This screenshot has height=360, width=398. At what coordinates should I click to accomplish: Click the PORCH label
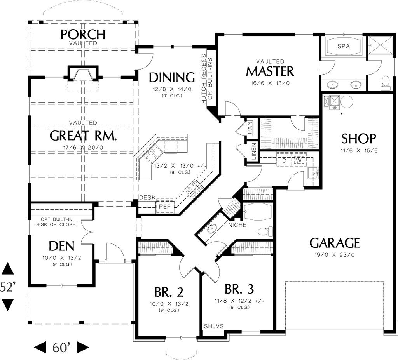click(83, 34)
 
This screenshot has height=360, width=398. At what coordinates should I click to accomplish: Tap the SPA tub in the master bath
click(344, 46)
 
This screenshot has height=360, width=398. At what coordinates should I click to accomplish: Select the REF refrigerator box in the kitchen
click(164, 207)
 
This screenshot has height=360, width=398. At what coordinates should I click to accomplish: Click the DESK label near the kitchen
click(147, 197)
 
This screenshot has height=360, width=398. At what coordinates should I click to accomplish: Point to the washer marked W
click(299, 161)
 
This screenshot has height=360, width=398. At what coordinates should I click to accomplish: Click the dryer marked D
click(284, 161)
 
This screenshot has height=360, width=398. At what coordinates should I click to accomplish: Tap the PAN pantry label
click(250, 128)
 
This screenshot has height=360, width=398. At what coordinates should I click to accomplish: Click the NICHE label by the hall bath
click(237, 225)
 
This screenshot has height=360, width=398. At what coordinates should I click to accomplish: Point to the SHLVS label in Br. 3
click(214, 326)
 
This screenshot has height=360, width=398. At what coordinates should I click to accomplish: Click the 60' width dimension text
click(61, 347)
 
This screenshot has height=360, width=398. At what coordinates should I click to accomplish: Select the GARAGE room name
click(335, 243)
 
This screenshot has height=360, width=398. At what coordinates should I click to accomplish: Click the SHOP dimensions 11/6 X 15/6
click(359, 151)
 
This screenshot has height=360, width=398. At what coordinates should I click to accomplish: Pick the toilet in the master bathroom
click(385, 82)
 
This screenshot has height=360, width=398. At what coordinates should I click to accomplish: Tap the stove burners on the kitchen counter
click(194, 188)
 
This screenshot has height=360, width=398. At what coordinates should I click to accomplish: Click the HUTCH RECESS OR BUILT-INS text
click(207, 79)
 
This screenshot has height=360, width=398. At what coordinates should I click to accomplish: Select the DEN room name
click(61, 246)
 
